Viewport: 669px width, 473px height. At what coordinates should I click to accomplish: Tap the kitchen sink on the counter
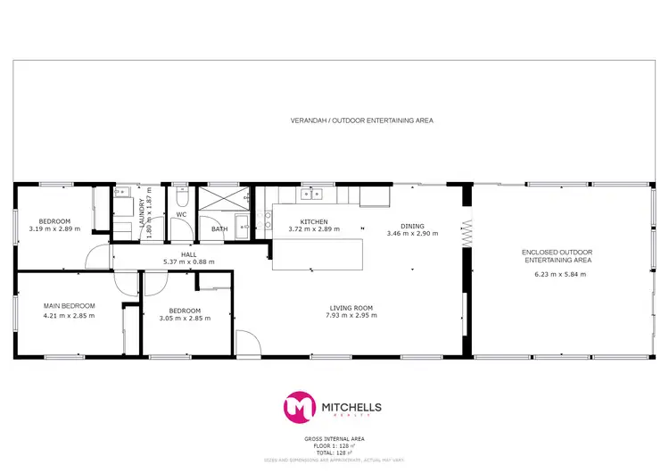click(x=311, y=193)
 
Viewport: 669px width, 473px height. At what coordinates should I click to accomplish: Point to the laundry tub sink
click(x=124, y=192)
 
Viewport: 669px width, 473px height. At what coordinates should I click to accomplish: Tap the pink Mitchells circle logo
click(x=300, y=408)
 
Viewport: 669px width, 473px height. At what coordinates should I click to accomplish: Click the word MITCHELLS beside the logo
click(x=351, y=407)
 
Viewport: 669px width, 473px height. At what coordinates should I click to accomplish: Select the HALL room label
click(x=188, y=253)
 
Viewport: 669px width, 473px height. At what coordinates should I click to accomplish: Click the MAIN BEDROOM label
click(x=69, y=306)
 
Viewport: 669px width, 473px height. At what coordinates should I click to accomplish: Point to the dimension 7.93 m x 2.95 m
click(x=349, y=315)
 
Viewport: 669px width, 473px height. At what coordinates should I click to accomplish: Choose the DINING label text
click(x=412, y=226)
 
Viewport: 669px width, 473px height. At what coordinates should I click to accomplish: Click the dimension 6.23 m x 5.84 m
click(x=557, y=274)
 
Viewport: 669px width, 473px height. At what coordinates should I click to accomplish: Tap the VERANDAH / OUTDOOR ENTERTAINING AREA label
click(x=362, y=120)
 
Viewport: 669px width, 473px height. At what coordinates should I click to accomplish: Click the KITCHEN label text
click(x=314, y=221)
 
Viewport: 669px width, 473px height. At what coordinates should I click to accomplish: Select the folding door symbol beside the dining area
click(x=465, y=231)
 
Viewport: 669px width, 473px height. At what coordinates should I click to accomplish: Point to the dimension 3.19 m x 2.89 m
click(x=54, y=228)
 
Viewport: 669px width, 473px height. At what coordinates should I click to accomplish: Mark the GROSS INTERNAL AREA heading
click(x=334, y=438)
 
